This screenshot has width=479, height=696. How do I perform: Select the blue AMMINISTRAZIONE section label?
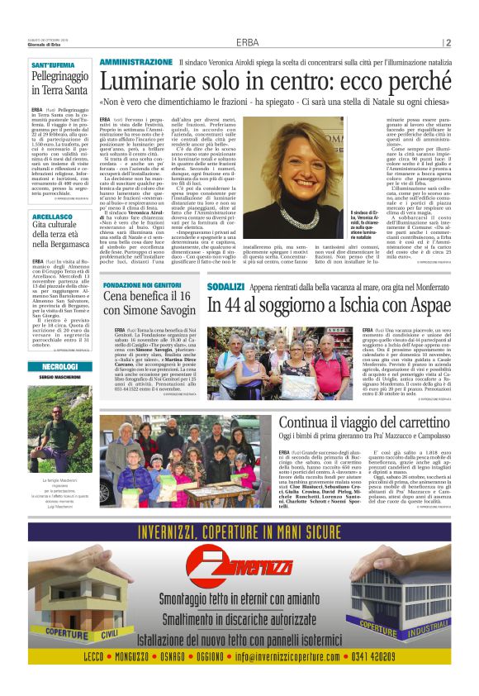136,63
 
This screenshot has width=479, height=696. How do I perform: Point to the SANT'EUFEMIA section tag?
50,64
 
